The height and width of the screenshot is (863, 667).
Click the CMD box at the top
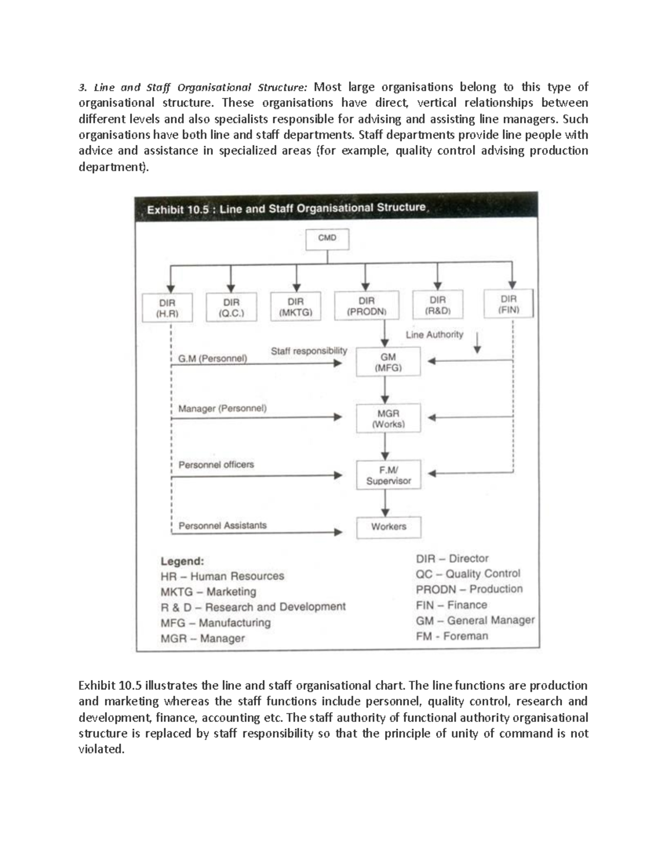(327, 239)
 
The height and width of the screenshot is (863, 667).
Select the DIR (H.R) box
(167, 308)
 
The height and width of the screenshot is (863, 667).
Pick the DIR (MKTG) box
(296, 307)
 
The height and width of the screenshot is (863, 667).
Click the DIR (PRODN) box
(366, 306)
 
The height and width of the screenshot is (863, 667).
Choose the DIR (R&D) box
(437, 305)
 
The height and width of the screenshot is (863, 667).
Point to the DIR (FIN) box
(509, 304)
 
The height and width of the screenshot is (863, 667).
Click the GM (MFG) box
(388, 362)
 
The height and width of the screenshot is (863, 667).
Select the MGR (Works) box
(388, 419)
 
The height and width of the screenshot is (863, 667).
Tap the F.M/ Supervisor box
(388, 475)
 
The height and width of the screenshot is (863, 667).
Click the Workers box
(388, 527)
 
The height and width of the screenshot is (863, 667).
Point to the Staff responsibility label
(308, 351)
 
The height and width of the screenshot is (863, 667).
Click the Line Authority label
(434, 335)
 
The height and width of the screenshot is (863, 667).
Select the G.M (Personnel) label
(212, 358)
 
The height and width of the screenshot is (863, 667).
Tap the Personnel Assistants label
(222, 525)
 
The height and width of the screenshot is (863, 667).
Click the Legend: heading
(182, 561)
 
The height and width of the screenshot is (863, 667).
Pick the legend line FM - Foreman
(452, 636)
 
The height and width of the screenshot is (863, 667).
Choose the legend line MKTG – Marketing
(208, 591)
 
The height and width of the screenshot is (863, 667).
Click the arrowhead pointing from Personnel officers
(337, 475)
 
